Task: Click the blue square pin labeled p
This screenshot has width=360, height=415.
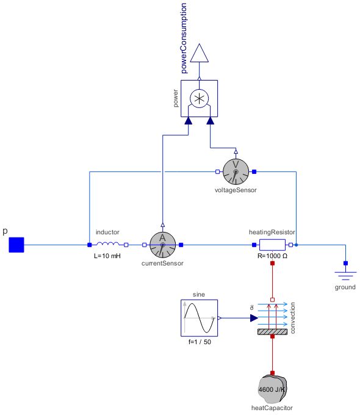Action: tap(16, 245)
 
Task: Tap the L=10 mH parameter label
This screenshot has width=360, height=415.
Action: tap(107, 256)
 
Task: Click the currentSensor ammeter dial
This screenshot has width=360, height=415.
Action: tap(162, 245)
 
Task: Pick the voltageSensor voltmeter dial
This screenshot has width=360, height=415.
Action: tap(236, 171)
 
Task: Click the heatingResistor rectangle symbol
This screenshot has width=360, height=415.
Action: tap(272, 245)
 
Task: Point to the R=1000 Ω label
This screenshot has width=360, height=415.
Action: tap(272, 256)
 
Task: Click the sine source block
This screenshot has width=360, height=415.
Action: tap(199, 318)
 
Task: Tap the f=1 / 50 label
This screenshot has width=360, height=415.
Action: tap(199, 342)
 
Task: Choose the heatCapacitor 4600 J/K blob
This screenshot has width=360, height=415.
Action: tap(272, 388)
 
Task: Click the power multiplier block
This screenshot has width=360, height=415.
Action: tap(199, 98)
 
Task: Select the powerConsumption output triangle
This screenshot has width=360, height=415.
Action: tap(199, 54)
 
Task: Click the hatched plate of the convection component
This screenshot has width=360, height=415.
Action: tap(272, 332)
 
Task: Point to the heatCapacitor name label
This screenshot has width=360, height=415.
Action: tap(272, 406)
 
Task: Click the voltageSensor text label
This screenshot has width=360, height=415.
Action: tap(236, 190)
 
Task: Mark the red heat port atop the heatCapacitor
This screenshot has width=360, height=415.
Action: tap(272, 373)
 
